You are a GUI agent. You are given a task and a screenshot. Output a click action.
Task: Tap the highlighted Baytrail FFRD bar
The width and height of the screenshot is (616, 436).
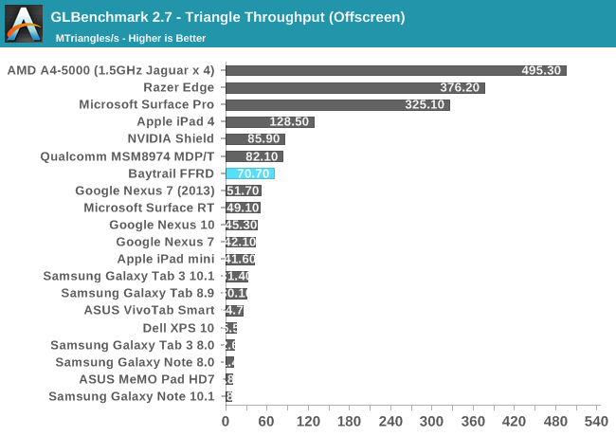tap(249, 173)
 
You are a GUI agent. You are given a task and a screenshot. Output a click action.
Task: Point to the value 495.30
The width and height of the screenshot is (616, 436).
tap(541, 70)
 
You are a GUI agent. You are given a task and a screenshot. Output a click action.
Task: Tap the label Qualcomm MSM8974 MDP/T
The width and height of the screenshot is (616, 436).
tap(128, 156)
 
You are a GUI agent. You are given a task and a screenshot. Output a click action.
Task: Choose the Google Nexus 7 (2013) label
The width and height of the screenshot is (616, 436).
tap(145, 191)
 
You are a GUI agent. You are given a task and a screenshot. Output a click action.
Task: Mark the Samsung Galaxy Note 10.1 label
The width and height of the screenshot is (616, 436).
tap(132, 396)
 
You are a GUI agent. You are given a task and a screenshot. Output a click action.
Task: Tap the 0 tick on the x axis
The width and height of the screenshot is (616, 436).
tap(226, 421)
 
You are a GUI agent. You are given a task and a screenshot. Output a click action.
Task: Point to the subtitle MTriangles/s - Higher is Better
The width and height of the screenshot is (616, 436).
tap(131, 38)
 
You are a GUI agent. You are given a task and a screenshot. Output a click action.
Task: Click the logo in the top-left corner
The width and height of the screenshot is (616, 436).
tap(24, 24)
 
